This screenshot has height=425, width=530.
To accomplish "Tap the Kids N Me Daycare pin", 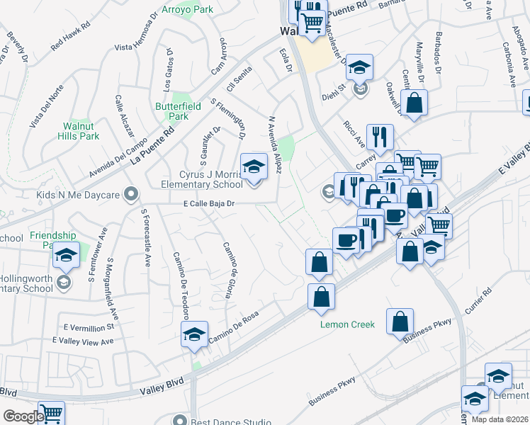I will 130,193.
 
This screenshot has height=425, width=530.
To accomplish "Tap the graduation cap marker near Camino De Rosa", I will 193,335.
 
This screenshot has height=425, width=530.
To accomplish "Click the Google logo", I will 23,416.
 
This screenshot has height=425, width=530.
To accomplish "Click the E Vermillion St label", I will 89,328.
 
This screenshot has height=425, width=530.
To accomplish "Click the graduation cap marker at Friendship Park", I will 66,256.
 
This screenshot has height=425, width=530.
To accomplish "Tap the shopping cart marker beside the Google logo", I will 51,412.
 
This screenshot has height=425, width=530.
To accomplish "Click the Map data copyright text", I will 500,419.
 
